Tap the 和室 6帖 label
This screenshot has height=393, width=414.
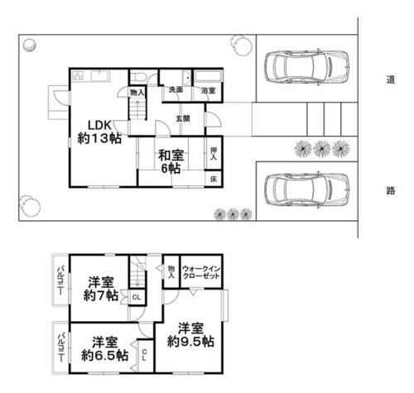coord(171,161)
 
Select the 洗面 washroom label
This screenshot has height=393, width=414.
coord(176,89)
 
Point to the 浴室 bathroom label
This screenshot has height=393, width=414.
coord(206,89)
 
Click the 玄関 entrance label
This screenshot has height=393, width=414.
coord(182,118)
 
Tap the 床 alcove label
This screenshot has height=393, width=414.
coord(212,178)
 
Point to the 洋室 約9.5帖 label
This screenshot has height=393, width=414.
coord(190,334)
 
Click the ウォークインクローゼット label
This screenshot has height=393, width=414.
coord(200,272)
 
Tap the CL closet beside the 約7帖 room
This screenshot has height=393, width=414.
coord(136,296)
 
